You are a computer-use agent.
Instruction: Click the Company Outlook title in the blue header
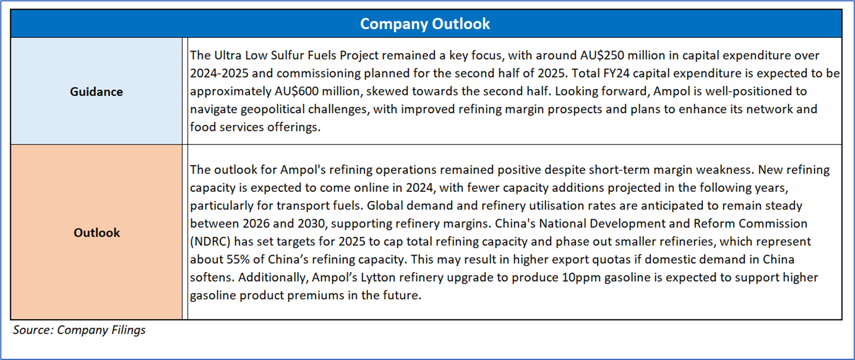pyautogui.click(x=425, y=24)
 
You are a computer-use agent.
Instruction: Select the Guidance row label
pyautogui.click(x=96, y=92)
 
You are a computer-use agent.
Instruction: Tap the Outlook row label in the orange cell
pyautogui.click(x=97, y=232)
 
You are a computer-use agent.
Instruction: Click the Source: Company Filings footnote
pyautogui.click(x=79, y=330)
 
